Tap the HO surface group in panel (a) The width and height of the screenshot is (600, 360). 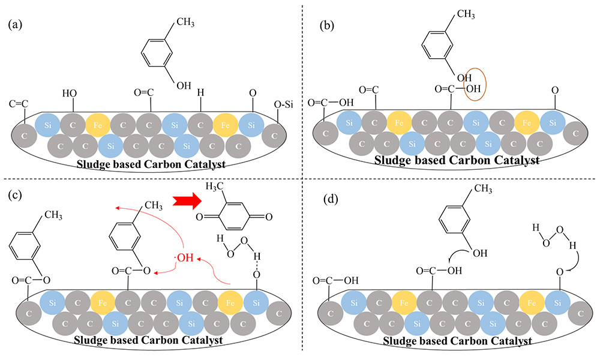coord(70,93)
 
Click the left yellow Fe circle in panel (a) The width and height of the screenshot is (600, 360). coord(97,125)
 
